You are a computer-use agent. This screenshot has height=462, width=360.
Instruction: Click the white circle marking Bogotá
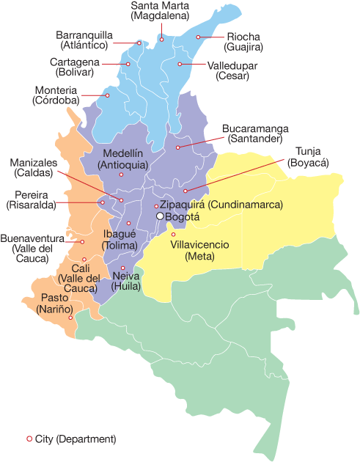(x=160, y=217)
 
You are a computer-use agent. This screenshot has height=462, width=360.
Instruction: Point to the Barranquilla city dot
(x=139, y=43)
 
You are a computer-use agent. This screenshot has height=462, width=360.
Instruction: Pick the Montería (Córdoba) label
(x=56, y=95)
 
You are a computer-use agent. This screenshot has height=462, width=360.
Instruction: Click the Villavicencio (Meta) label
(x=199, y=250)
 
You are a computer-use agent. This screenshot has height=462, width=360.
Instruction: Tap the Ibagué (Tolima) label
(x=120, y=239)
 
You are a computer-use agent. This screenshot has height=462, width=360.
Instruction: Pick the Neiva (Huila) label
(x=126, y=281)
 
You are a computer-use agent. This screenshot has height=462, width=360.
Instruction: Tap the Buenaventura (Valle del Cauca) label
(x=30, y=249)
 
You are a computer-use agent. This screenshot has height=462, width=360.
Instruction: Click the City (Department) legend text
(x=76, y=439)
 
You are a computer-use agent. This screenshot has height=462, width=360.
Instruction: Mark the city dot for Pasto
(x=70, y=318)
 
